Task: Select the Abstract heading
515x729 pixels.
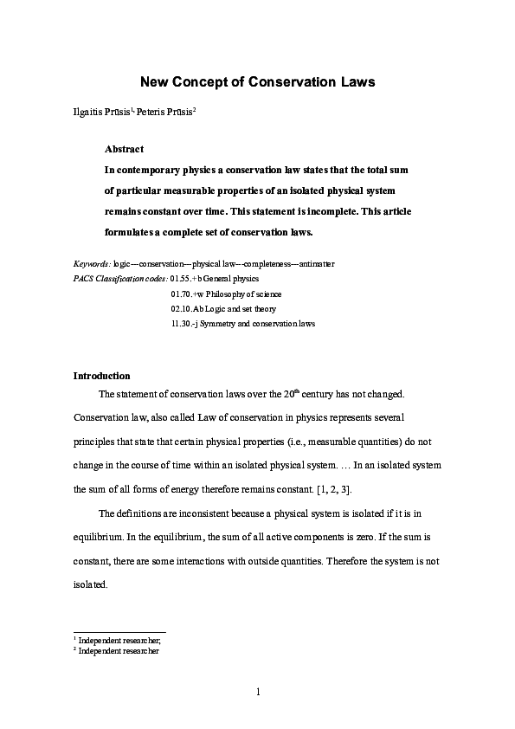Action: pos(124,149)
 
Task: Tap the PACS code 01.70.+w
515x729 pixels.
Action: pos(190,294)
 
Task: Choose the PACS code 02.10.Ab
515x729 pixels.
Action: pos(190,308)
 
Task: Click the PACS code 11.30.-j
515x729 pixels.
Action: pos(187,324)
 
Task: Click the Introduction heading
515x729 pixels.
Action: pos(102,376)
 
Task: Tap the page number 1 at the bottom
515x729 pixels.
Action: pos(258,692)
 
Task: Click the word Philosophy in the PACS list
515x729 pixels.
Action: pos(224,294)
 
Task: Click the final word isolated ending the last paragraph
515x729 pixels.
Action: pos(89,584)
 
